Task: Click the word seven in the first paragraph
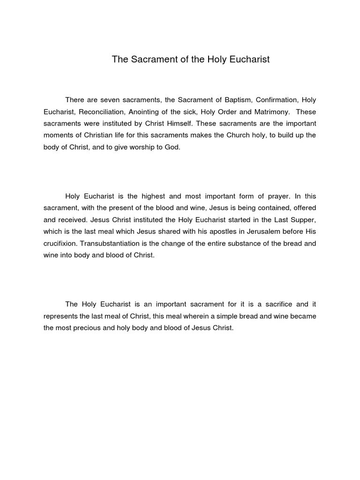[105, 100]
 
